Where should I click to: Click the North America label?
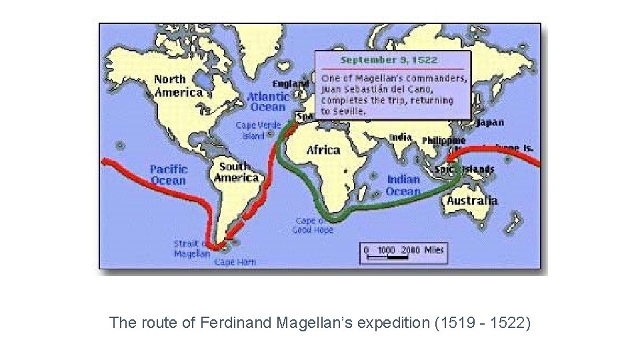pos(178,85)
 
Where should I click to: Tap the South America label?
pos(236,172)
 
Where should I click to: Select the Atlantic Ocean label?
pos(267,101)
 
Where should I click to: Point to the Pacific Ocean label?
pos(169,175)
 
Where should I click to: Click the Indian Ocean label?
pos(403,185)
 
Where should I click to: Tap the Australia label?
pos(472,200)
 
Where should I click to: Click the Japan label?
pos(490,123)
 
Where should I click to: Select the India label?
pos(401,137)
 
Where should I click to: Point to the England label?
pos(291,84)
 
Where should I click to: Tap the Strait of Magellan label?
pos(191,248)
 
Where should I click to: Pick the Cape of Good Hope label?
pos(313,225)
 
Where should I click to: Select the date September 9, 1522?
pos(389,60)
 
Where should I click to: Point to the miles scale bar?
pos(404,252)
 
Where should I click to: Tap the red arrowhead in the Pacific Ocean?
pos(105,161)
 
